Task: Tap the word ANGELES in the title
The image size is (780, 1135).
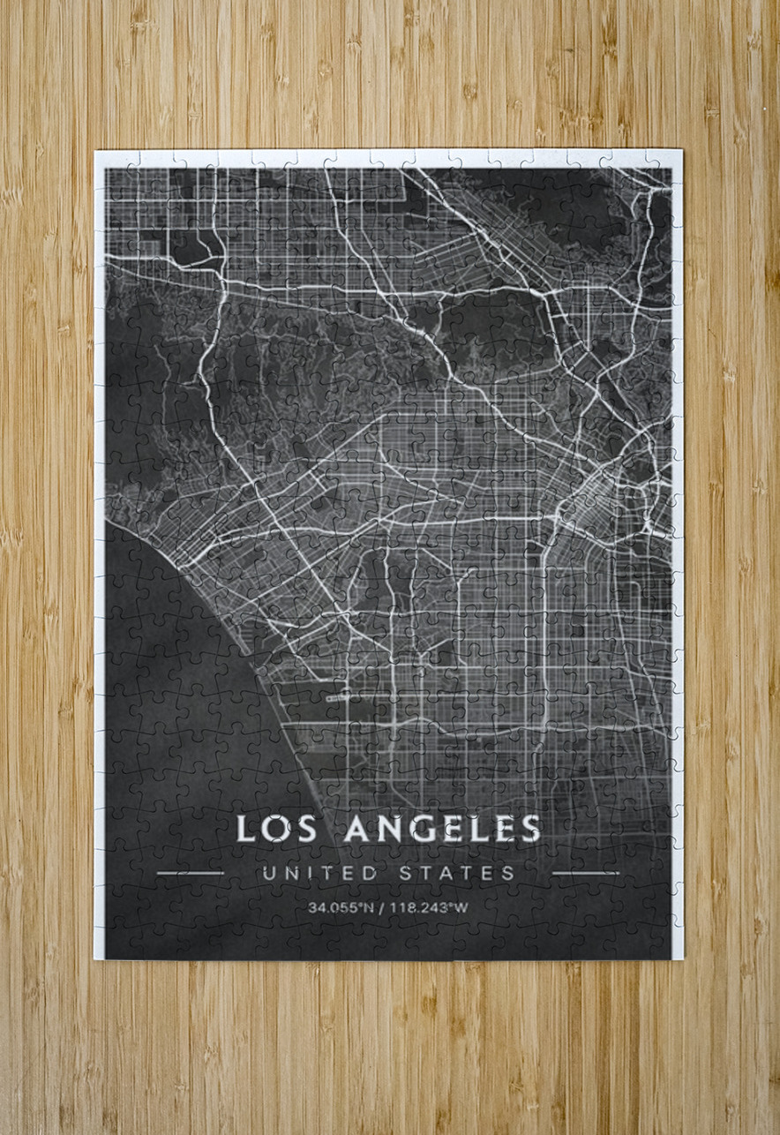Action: (442, 829)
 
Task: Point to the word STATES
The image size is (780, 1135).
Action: (457, 873)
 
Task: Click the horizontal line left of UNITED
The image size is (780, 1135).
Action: (190, 873)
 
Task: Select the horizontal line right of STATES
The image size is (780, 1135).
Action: (585, 873)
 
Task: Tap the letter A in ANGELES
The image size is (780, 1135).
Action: (356, 829)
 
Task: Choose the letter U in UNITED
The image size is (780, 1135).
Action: (268, 873)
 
